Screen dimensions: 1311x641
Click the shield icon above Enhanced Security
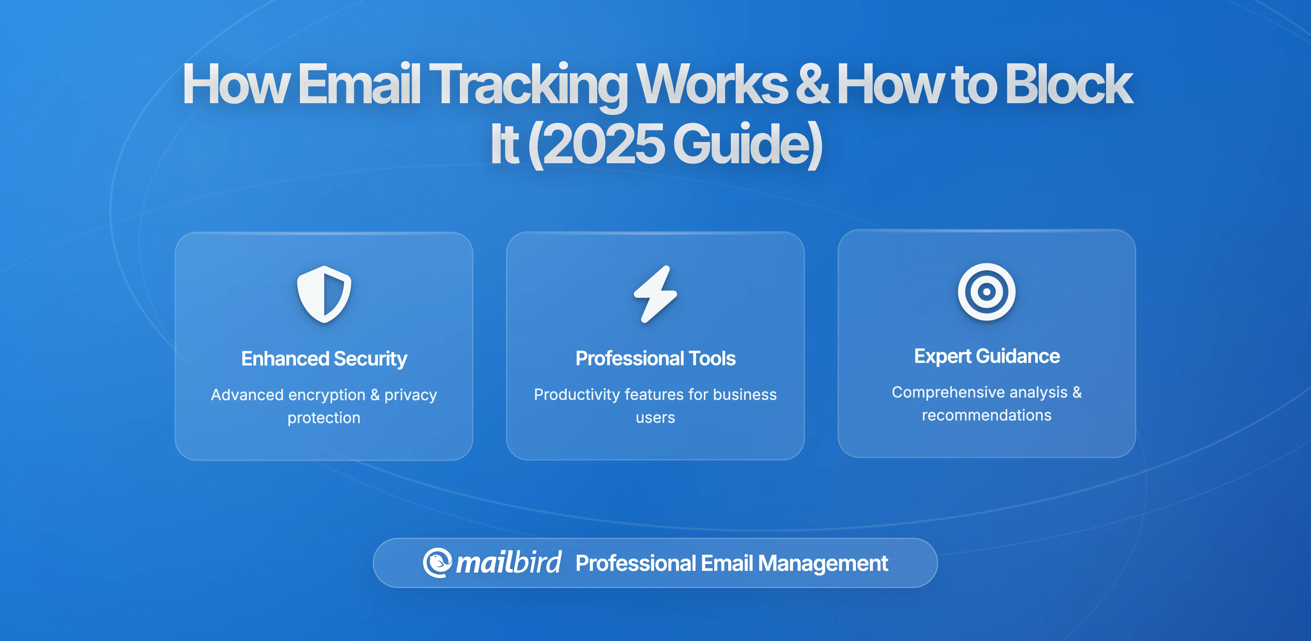[x=324, y=294]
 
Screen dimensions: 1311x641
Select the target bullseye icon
[x=986, y=292]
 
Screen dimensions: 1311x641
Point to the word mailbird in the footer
[x=508, y=563]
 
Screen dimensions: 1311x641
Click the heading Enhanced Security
[x=324, y=359]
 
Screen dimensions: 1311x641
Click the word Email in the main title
[x=359, y=84]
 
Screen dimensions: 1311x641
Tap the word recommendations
[x=986, y=415]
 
